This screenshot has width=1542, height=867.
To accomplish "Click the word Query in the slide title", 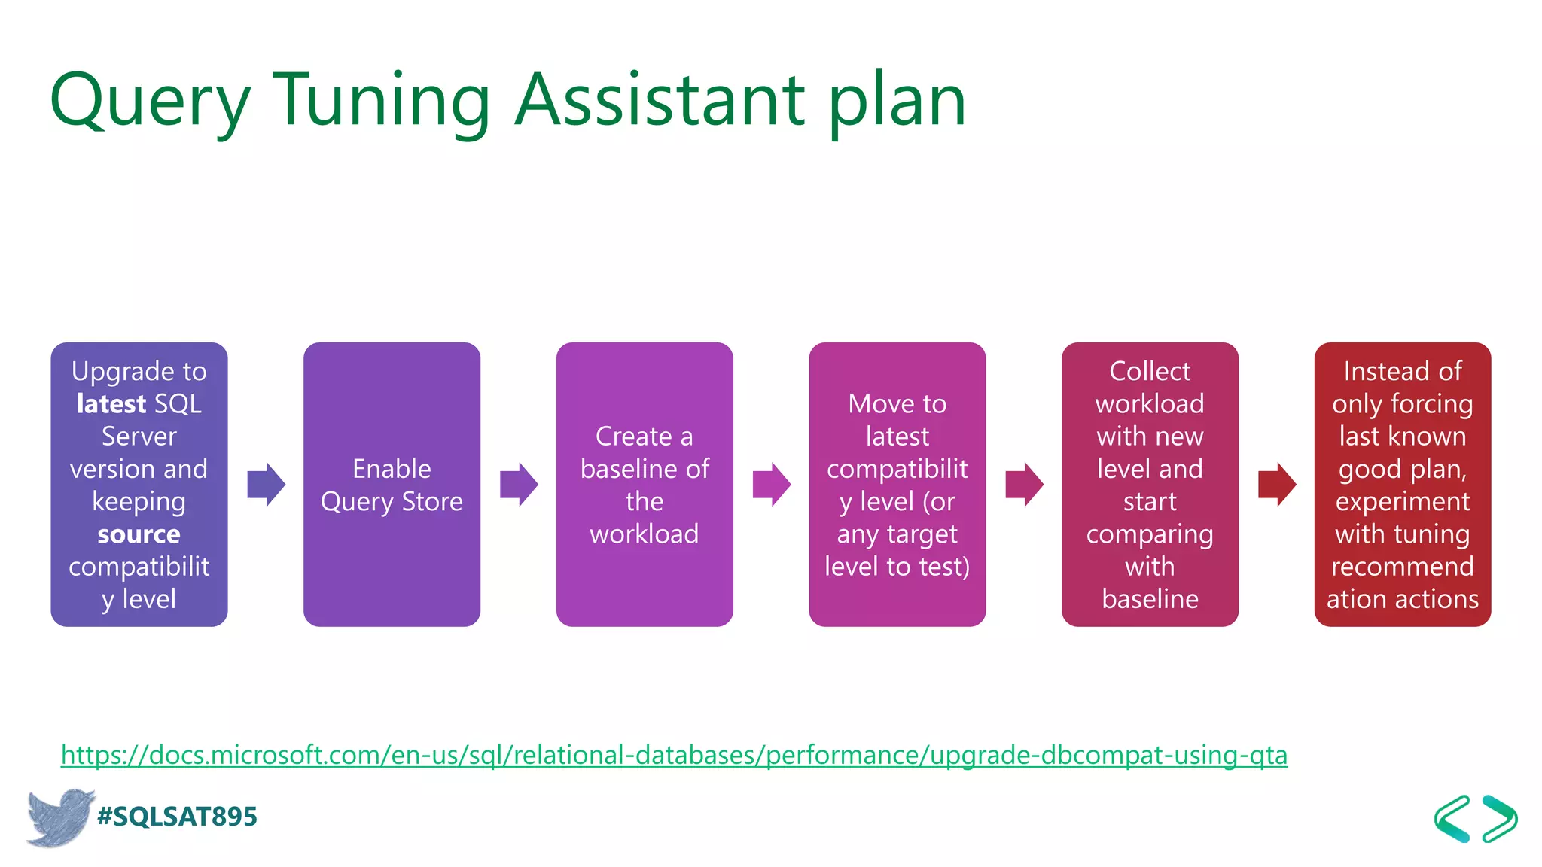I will [x=149, y=101].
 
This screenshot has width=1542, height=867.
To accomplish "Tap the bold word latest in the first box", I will [x=111, y=404].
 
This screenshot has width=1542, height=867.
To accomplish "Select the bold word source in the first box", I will [x=139, y=534].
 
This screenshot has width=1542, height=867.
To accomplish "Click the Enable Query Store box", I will [x=392, y=485].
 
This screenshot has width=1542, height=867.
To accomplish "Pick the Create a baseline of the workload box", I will [x=645, y=485].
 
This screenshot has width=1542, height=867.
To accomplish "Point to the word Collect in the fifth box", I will [x=1150, y=371].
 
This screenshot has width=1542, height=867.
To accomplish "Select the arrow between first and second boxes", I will [x=266, y=484].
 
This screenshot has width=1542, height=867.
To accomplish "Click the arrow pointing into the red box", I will [x=1277, y=484].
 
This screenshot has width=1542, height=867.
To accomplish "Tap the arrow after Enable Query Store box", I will [x=519, y=484].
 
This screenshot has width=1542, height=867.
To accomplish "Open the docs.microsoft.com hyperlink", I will [x=674, y=755].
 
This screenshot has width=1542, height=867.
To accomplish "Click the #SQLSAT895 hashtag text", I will [x=177, y=817].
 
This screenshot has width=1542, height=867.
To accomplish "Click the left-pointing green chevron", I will [x=1452, y=818].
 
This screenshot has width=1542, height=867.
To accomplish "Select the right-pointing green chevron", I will [x=1500, y=818].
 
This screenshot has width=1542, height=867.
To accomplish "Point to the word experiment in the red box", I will [x=1403, y=501].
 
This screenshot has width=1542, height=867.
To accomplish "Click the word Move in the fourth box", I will [x=873, y=404].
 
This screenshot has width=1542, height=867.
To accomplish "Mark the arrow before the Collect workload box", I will [x=1024, y=484].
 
